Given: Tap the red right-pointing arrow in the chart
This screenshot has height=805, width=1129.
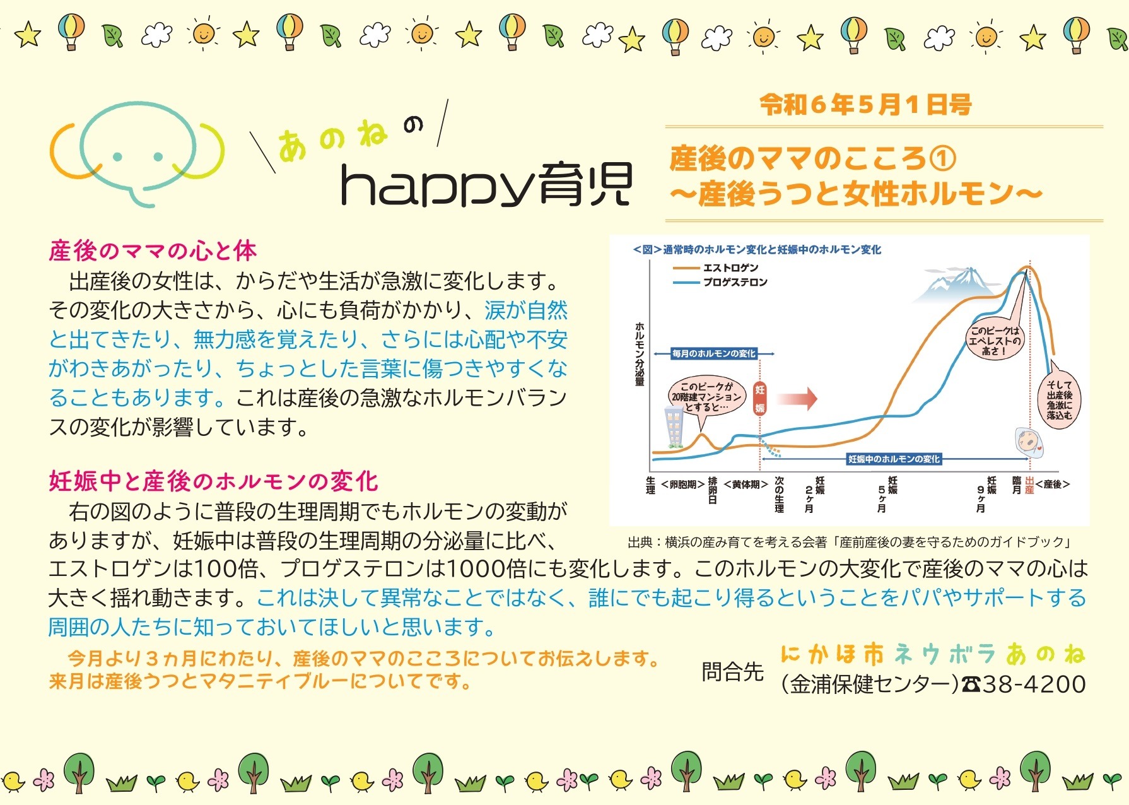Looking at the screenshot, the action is [797, 398].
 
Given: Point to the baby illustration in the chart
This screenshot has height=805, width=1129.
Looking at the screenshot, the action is [1031, 442].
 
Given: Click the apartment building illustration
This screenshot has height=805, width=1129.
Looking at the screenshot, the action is [674, 427].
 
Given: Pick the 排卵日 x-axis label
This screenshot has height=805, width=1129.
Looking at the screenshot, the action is [713, 490].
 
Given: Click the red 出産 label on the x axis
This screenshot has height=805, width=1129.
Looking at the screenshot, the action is [1029, 485].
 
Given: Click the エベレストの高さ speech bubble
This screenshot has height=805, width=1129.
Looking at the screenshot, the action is [995, 341].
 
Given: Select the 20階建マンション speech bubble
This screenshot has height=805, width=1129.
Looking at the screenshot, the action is [706, 397].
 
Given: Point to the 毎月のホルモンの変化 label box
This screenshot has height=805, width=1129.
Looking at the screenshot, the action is [713, 353].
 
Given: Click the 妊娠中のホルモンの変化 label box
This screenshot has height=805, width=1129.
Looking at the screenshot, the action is [894, 459].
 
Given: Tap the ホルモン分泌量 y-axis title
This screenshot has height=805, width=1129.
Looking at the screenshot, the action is [640, 353].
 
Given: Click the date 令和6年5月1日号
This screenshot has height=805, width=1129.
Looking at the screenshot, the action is [865, 105].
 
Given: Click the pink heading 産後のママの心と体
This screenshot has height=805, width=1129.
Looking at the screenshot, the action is [153, 251].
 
